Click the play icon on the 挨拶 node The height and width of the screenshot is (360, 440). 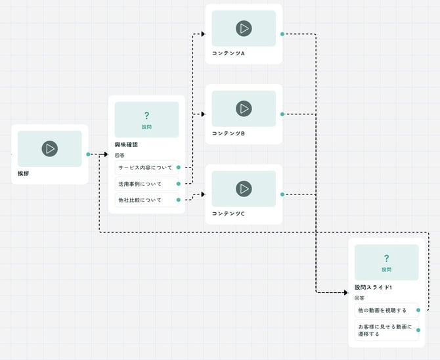[x=49, y=148]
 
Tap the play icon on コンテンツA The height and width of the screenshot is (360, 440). [x=244, y=28]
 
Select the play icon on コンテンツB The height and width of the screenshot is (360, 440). [x=244, y=108]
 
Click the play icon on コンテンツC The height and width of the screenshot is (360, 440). [x=244, y=189]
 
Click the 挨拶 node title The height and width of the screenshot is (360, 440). [x=24, y=174]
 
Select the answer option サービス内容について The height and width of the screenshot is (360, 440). [x=145, y=168]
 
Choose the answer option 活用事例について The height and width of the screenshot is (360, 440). [x=139, y=184]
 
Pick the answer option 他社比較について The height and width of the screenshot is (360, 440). [x=139, y=200]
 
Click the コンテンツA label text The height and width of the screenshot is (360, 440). [x=229, y=53]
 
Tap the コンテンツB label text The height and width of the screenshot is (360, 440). [x=229, y=133]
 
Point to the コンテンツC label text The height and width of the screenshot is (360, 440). [x=229, y=214]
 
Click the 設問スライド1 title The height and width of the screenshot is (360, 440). [x=373, y=287]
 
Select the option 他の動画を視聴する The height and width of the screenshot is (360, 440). [x=382, y=310]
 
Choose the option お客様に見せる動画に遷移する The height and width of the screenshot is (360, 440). [x=385, y=330]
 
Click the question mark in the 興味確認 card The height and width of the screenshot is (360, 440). [x=146, y=115]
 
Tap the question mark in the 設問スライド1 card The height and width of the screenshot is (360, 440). [x=386, y=258]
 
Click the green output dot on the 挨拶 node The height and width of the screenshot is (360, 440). [x=88, y=154]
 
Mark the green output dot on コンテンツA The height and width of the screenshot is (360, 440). [x=282, y=34]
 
